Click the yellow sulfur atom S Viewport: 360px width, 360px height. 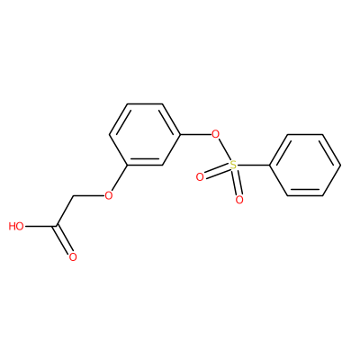233,165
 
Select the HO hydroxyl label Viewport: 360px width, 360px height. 16,226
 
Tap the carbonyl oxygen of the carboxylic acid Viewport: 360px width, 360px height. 73,257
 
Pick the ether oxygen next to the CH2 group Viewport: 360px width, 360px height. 108,195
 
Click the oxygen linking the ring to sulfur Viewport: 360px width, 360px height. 215,133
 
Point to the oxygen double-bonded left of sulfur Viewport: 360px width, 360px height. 200,177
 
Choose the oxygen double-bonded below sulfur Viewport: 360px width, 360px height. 239,200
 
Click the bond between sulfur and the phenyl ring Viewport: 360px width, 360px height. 253,165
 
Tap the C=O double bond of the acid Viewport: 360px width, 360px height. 64,240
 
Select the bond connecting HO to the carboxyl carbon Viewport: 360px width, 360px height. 40,226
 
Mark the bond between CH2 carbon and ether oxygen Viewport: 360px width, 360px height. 88,196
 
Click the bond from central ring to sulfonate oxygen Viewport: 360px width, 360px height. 195,134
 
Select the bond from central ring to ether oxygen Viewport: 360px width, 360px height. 120,178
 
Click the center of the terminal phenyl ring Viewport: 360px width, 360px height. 305,165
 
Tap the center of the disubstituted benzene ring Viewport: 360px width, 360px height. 145,134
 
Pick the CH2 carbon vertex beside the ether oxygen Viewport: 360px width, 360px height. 73,196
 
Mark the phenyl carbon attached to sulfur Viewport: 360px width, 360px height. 270,165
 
